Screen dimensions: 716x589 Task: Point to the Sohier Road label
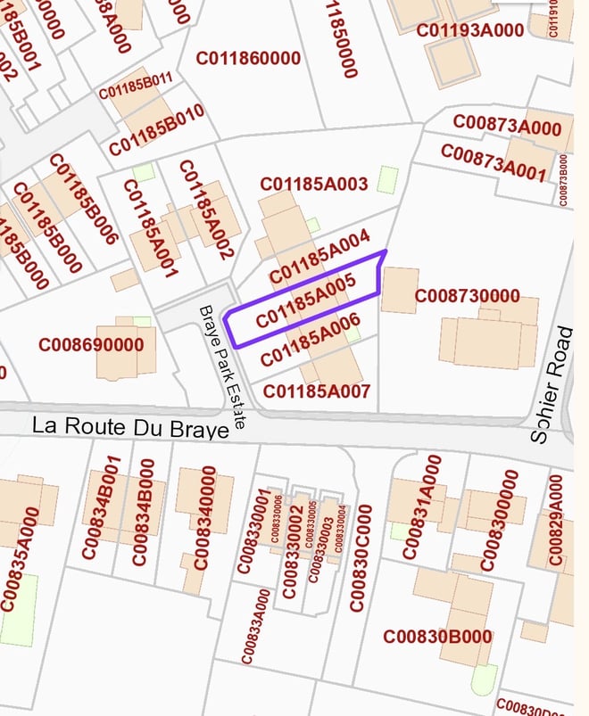click(x=552, y=383)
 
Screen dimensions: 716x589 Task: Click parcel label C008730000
click(x=467, y=295)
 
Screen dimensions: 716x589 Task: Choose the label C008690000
click(x=91, y=344)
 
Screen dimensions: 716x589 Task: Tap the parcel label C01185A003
click(x=313, y=184)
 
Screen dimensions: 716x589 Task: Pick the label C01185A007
click(x=317, y=391)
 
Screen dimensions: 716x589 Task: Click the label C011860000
click(x=248, y=59)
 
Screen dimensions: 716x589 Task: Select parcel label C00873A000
click(x=507, y=126)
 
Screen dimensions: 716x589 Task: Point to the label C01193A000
click(x=470, y=30)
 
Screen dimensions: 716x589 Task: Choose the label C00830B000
click(x=437, y=637)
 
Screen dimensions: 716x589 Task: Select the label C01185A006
click(x=310, y=342)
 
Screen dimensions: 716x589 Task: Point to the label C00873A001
click(x=493, y=161)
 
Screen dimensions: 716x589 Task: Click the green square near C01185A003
click(x=386, y=179)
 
